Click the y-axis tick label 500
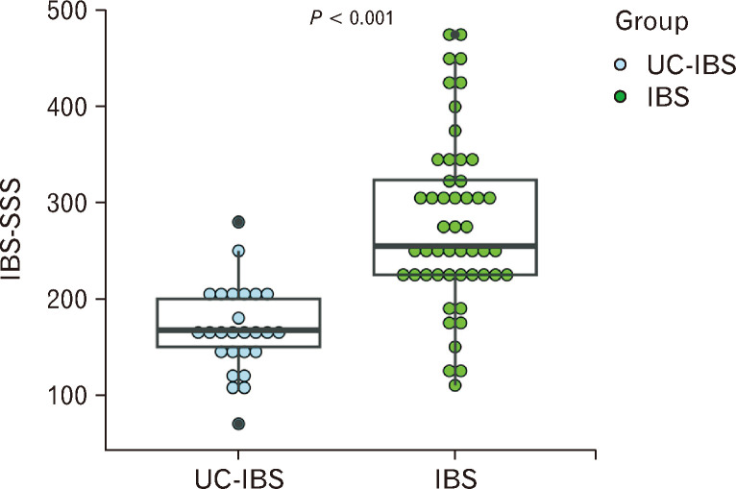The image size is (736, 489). [x=61, y=12]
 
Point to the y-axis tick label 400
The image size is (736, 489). [x=61, y=107]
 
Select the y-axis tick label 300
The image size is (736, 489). [x=61, y=203]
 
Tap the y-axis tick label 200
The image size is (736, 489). [x=61, y=299]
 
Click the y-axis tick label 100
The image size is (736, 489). [x=61, y=395]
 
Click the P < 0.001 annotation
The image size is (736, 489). [x=352, y=18]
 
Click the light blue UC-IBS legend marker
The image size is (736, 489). [x=622, y=65]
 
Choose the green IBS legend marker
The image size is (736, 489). [x=622, y=97]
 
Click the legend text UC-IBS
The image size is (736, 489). [x=685, y=65]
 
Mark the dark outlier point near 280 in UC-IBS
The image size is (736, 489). [x=238, y=222]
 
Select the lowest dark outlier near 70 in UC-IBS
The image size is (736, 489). [x=238, y=424]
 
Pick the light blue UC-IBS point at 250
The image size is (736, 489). [x=238, y=251]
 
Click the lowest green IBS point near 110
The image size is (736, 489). [x=455, y=385]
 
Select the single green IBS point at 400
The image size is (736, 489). [x=455, y=107]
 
